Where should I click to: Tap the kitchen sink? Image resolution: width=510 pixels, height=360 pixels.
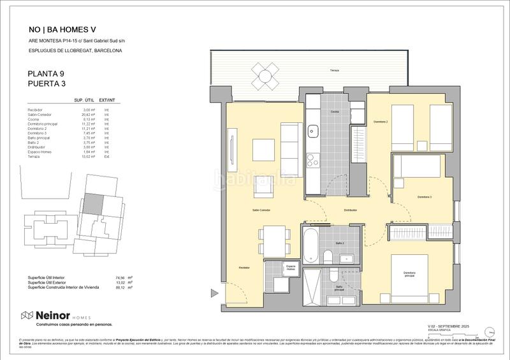[x=313, y=131]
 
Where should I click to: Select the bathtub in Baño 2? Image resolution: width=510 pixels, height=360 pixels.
[x=310, y=245]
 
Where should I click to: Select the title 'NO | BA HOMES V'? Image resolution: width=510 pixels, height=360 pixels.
[x=62, y=29]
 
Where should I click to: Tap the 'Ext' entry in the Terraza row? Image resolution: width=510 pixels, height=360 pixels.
[x=107, y=156]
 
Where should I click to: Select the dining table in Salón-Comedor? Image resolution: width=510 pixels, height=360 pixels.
[x=272, y=240]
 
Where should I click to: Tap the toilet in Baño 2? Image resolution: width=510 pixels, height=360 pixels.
[x=327, y=256]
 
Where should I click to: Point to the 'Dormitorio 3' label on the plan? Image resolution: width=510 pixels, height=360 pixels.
[x=425, y=198]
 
